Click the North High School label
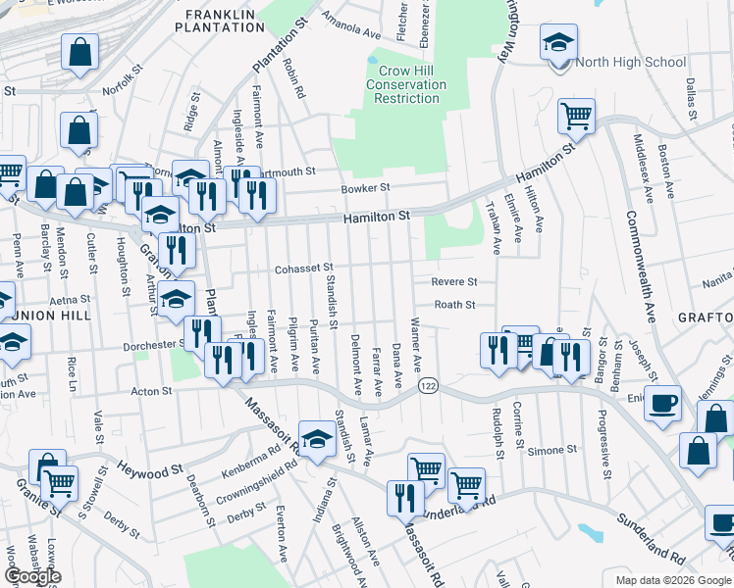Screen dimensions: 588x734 (630, 63)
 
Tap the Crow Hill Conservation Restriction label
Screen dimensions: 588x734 (407, 85)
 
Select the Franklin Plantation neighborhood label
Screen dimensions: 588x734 (221, 21)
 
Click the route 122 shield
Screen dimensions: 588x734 (428, 387)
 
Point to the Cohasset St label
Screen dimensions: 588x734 (304, 268)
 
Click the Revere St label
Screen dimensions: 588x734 (453, 281)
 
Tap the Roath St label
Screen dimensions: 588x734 (454, 305)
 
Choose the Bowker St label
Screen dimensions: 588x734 (365, 188)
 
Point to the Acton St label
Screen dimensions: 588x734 (152, 391)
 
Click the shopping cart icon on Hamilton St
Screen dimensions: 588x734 (577, 116)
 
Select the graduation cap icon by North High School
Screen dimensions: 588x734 (558, 42)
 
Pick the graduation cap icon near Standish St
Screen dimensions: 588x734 (317, 440)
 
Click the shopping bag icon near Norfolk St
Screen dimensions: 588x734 (79, 51)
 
